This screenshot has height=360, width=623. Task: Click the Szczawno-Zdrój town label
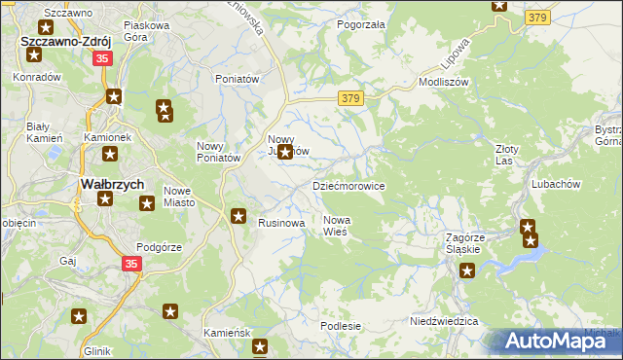click(x=64, y=43)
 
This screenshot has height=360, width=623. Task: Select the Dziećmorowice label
click(x=348, y=186)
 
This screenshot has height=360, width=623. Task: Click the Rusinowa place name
click(x=281, y=223)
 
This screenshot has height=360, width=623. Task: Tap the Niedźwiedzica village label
click(x=444, y=320)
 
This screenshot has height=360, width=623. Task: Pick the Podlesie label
click(x=341, y=326)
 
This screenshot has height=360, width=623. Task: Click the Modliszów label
click(x=444, y=83)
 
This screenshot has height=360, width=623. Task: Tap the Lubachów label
click(x=556, y=183)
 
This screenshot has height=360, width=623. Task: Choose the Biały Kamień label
click(x=45, y=133)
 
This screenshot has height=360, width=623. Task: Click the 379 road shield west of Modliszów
click(x=351, y=98)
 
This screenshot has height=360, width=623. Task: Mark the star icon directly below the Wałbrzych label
click(x=104, y=199)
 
